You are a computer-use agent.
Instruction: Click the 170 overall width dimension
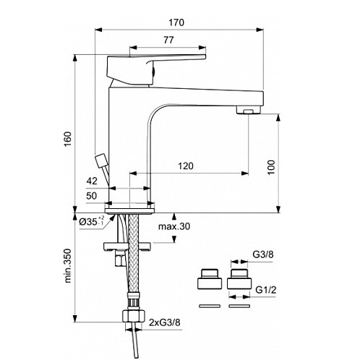click(x=176, y=22)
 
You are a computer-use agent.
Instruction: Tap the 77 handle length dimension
click(x=168, y=40)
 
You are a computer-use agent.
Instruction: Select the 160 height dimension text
click(x=68, y=139)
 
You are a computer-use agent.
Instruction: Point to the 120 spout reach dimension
click(x=186, y=166)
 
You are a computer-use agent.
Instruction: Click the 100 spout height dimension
click(x=271, y=167)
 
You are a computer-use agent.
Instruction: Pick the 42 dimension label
click(x=92, y=181)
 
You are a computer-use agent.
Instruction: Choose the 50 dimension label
click(x=92, y=196)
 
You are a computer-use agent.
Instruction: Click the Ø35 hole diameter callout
click(x=92, y=221)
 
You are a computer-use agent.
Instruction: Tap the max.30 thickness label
click(x=174, y=226)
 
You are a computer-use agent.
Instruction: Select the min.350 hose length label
click(x=68, y=265)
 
